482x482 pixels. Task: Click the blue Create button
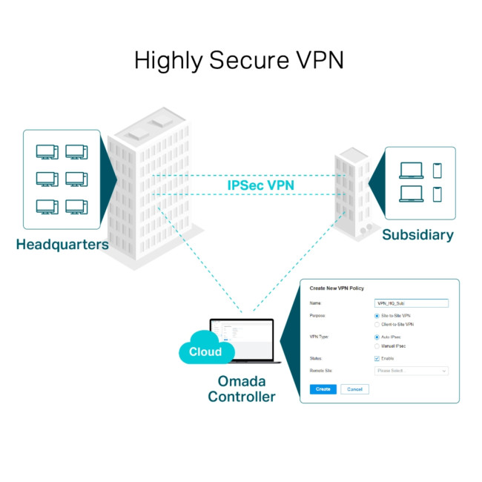tap(323, 389)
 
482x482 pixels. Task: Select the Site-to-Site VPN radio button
tap(377, 316)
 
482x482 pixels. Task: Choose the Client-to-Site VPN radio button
tap(377, 324)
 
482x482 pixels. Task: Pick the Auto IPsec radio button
tap(377, 337)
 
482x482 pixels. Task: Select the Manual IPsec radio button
tap(377, 346)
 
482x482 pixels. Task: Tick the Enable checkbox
tap(377, 358)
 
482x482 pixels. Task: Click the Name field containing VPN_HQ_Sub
tap(412, 303)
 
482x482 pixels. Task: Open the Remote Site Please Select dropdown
tap(412, 370)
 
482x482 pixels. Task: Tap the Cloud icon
tap(204, 352)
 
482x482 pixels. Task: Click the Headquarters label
tap(62, 244)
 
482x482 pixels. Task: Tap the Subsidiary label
tap(417, 235)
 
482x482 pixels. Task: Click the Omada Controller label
tap(241, 389)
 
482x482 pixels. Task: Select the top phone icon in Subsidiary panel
tap(437, 171)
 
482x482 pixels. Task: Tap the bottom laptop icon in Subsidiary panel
tap(411, 194)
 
